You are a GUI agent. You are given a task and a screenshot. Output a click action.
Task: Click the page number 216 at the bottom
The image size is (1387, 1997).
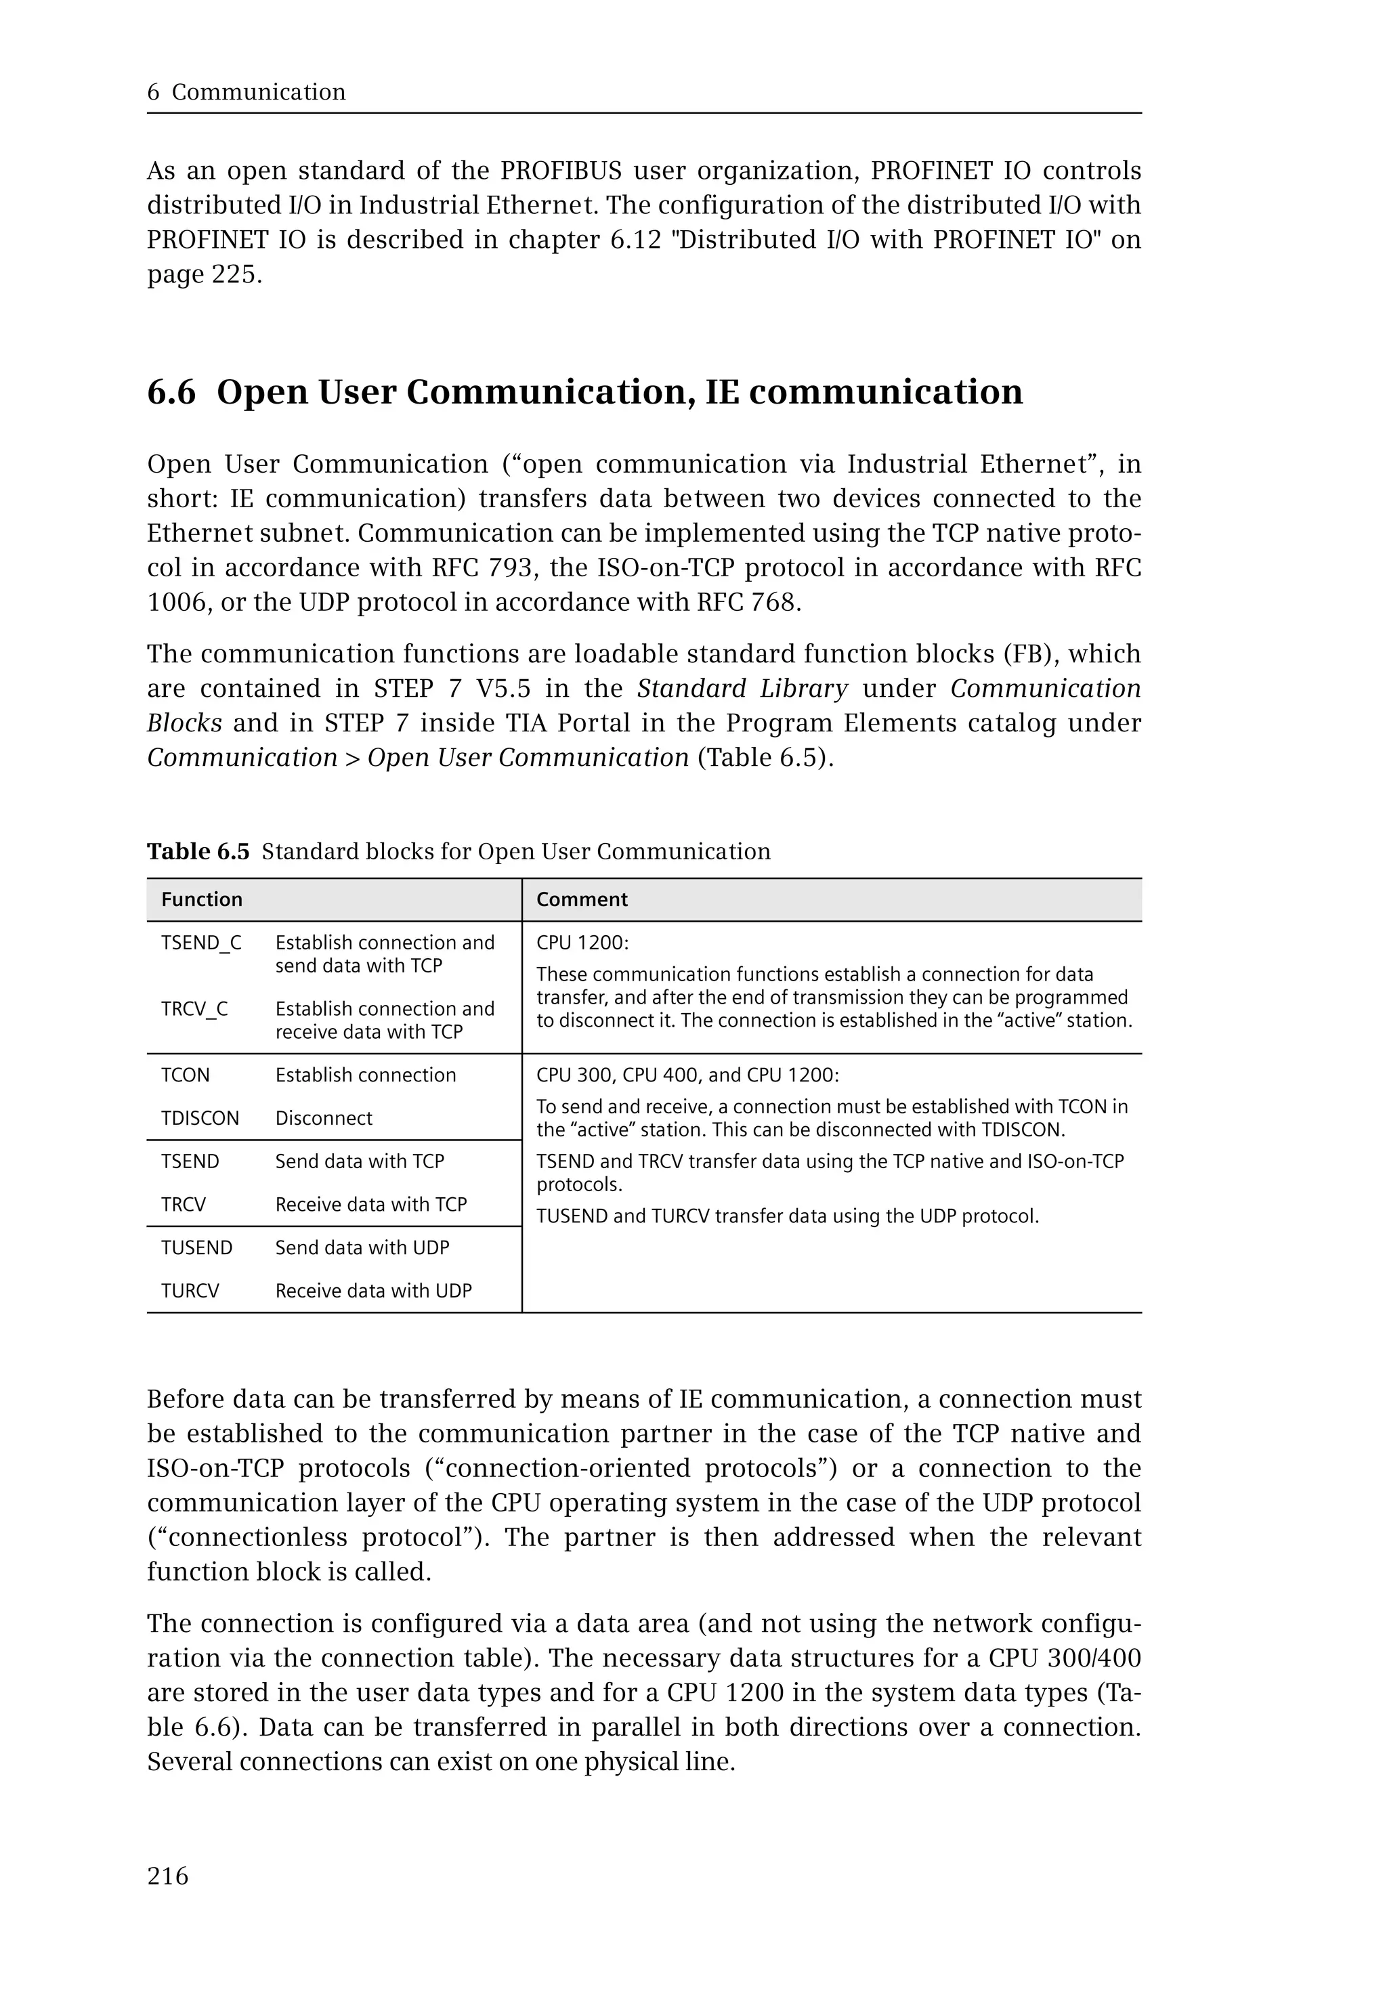(x=168, y=1876)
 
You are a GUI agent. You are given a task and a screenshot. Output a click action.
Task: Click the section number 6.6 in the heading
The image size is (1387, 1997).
(x=171, y=392)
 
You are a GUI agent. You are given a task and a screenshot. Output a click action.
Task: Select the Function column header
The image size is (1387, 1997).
(x=202, y=899)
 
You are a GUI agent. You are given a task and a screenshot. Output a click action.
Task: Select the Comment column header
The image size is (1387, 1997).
(x=581, y=899)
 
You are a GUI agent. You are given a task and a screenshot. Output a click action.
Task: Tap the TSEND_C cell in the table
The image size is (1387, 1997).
(x=200, y=943)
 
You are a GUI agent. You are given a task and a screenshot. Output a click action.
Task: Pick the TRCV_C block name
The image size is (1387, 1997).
(x=194, y=1009)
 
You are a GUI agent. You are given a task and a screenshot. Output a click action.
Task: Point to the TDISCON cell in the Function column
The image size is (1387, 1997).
(x=200, y=1119)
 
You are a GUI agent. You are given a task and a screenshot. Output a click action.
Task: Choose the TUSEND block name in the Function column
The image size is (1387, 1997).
(x=196, y=1248)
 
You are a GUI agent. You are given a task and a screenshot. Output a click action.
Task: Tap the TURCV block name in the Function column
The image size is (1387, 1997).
(x=190, y=1291)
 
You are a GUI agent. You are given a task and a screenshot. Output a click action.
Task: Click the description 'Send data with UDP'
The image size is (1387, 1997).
(x=362, y=1248)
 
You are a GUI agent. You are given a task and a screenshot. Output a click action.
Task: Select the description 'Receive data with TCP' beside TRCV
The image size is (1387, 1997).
(x=371, y=1205)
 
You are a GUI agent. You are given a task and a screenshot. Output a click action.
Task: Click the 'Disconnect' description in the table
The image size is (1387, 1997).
(x=323, y=1119)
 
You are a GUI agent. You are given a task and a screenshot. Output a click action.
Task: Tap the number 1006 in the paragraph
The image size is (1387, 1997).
(x=177, y=602)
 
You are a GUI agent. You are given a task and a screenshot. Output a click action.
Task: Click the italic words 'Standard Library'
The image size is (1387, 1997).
(x=742, y=688)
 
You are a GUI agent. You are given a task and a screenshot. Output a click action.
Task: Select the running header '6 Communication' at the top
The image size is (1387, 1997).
(x=246, y=92)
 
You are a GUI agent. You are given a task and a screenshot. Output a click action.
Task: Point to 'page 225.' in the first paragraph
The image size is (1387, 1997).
(x=205, y=275)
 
